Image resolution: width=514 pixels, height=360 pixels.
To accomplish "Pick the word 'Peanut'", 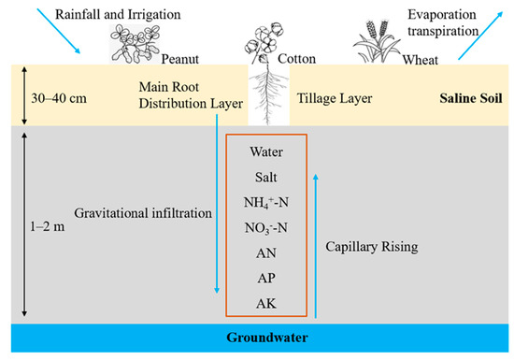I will click(x=186, y=57).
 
